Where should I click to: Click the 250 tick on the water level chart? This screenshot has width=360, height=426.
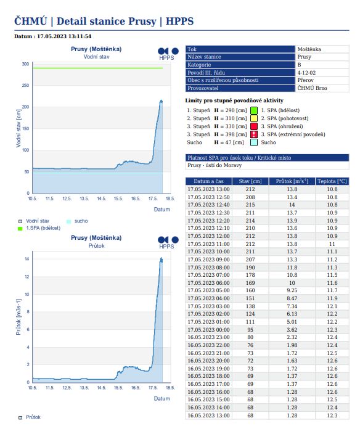coord(25,85)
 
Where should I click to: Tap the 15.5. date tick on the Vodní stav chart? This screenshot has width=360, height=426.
coord(118,199)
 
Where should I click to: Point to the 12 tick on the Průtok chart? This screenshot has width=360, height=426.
coord(27,277)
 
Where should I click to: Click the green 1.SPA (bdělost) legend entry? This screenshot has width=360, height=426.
coord(39,228)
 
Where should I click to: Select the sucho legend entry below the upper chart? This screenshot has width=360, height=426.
coord(77,221)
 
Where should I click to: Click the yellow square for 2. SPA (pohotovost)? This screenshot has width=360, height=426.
coord(254,118)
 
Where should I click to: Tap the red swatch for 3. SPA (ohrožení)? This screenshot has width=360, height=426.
coord(254,126)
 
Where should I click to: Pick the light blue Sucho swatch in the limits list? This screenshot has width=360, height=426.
coord(254,142)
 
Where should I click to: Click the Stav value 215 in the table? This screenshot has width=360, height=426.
coord(250,205)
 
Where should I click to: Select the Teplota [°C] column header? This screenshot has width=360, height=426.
coord(332,181)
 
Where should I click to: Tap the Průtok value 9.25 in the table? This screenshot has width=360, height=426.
coord(292,290)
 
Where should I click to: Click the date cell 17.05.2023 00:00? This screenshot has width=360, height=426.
coord(208,330)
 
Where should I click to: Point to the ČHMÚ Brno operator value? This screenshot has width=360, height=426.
coord(312,88)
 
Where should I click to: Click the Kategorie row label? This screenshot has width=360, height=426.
coord(199,65)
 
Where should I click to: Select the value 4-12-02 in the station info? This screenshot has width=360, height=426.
coord(306,73)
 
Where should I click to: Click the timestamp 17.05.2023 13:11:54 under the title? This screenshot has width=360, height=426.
coord(64,36)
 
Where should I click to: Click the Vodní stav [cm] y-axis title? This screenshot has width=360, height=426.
coord(18,128)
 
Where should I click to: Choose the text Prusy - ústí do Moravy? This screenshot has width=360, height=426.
coord(215,165)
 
